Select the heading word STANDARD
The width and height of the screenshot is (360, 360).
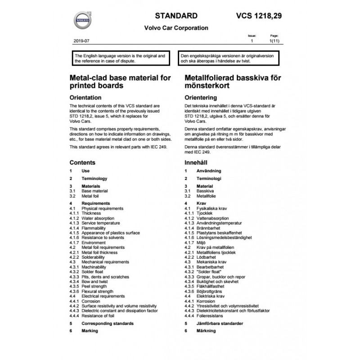[x=176, y=16]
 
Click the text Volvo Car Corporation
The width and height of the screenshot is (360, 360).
[x=176, y=28]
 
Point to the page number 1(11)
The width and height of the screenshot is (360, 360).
[x=274, y=40]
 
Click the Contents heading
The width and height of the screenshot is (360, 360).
[x=82, y=162]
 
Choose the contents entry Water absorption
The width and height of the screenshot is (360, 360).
[x=97, y=218]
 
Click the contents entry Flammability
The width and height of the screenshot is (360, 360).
[x=94, y=228]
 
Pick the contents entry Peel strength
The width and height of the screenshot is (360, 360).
[x=94, y=286]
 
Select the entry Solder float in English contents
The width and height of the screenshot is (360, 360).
[x=94, y=272]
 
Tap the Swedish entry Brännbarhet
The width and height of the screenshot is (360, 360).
[x=209, y=228]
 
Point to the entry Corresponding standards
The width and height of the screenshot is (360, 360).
[x=107, y=323]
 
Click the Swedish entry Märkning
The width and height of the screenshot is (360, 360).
[x=206, y=331]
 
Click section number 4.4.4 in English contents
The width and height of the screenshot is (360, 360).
[x=74, y=315]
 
